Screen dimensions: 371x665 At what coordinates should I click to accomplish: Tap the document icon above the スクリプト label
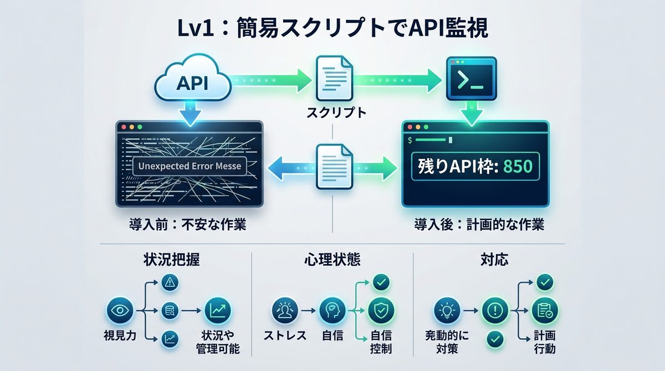pos(333,78)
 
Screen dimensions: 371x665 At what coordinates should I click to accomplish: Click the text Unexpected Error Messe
pos(190,166)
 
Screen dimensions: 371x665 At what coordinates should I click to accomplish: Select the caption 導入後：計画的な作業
pos(479,226)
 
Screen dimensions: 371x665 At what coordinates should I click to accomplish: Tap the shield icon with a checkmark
pos(381,310)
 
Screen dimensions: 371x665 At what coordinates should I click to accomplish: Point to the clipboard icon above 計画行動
pos(545,311)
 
